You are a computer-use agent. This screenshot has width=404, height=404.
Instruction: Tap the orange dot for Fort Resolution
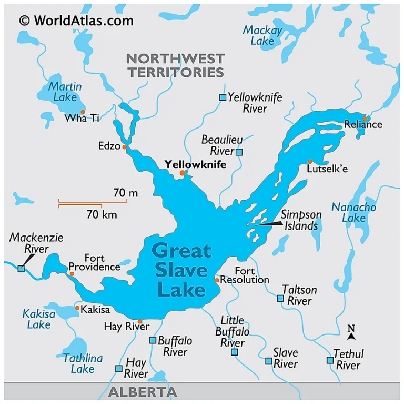(x=217, y=280)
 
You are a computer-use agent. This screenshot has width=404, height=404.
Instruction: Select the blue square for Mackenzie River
(x=21, y=269)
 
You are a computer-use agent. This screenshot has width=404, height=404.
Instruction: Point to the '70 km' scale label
(x=102, y=214)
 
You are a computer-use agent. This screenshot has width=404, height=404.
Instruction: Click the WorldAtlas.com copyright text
(x=76, y=21)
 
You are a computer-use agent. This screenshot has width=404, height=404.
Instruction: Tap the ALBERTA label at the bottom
(x=143, y=392)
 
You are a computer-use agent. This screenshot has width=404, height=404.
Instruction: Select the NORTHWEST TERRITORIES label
(x=176, y=65)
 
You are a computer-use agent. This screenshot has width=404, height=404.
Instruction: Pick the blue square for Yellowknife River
(x=223, y=97)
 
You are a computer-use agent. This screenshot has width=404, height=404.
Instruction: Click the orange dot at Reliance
(x=365, y=119)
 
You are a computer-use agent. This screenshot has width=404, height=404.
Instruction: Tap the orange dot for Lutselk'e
(x=310, y=162)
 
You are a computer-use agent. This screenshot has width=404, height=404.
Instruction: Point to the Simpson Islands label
(x=300, y=220)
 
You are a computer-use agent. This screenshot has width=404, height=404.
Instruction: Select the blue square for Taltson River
(x=280, y=298)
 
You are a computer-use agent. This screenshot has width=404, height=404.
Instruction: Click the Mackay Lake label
(x=262, y=35)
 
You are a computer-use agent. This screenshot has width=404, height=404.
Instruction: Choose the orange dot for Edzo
(x=125, y=147)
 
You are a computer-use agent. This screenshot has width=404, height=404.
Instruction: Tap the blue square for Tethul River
(x=330, y=360)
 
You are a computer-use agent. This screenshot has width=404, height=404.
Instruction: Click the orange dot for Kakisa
(x=77, y=308)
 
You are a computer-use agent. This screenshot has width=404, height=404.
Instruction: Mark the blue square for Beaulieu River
(x=239, y=152)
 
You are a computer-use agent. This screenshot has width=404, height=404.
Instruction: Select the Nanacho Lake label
(x=353, y=212)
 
